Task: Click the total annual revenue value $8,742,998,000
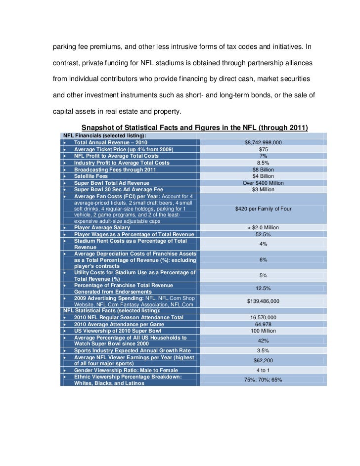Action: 263,142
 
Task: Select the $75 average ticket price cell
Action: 263,149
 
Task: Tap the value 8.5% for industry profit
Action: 263,163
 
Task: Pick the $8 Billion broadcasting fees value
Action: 263,169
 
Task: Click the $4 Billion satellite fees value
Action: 263,176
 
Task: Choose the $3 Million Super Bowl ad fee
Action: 263,189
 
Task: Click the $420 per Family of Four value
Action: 263,209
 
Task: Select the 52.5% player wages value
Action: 263,234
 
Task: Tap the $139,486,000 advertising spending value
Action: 263,301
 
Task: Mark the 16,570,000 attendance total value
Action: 263,317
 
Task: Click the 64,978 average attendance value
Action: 263,324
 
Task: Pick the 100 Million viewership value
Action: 263,331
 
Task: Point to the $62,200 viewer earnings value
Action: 263,360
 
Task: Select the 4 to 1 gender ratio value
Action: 263,370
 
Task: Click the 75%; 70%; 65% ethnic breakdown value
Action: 263,380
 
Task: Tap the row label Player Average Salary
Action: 102,228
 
